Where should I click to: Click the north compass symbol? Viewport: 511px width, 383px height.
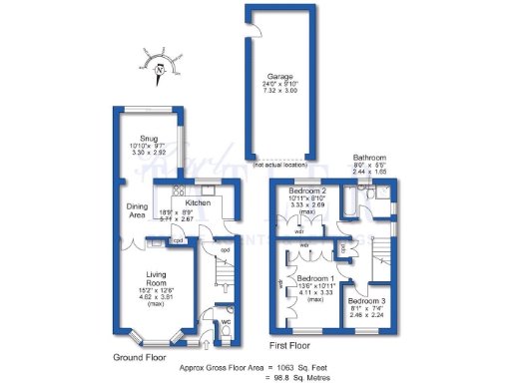click(159, 67)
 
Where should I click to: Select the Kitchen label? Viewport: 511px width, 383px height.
click(198, 202)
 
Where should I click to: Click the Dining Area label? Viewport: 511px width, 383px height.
click(138, 210)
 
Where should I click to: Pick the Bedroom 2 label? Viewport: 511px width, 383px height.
click(308, 190)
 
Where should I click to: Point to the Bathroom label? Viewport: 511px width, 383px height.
click(369, 157)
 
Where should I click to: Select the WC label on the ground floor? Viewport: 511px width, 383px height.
click(225, 322)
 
